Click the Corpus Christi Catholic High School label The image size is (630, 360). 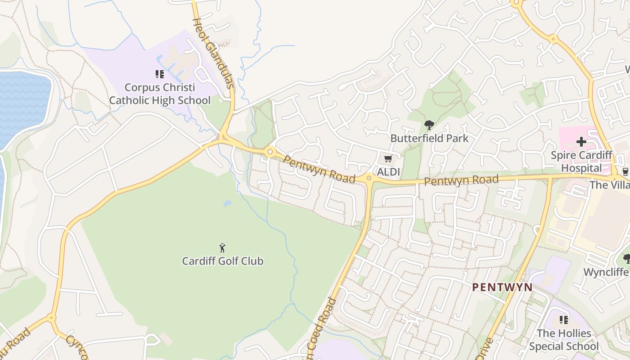click(160, 94)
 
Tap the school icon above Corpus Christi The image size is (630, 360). click(159, 74)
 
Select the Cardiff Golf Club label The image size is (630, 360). click(222, 261)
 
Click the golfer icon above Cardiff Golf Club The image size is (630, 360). click(222, 248)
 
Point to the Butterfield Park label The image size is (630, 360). click(429, 138)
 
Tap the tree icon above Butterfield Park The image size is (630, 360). click(429, 125)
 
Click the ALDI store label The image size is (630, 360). click(388, 172)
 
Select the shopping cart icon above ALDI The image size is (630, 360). click(388, 158)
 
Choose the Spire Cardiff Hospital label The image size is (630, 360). click(581, 162)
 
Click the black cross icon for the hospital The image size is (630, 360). click(581, 142)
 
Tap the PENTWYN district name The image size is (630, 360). click(502, 287)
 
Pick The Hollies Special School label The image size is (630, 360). click(563, 340)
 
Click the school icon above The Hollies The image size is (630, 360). click(563, 320)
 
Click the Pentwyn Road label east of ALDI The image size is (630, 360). click(461, 180)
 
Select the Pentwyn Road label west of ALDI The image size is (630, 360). click(319, 170)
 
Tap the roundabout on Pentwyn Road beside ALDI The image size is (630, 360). click(369, 178)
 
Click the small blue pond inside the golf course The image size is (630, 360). click(227, 203)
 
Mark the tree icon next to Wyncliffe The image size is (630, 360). click(626, 258)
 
